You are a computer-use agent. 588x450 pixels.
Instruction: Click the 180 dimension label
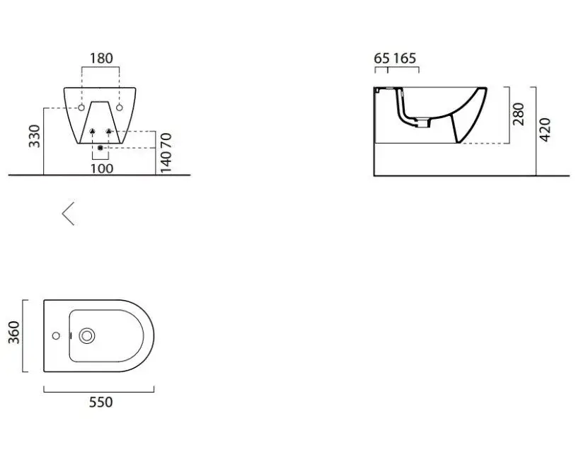click(x=101, y=58)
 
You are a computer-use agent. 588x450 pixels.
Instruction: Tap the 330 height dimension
click(x=35, y=136)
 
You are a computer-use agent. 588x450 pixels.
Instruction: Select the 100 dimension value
click(x=102, y=168)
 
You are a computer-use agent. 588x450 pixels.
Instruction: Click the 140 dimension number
click(x=166, y=161)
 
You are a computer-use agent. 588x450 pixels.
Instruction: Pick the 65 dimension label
click(x=382, y=58)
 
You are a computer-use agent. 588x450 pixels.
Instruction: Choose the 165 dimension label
click(x=405, y=58)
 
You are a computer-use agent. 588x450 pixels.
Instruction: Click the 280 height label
click(x=518, y=114)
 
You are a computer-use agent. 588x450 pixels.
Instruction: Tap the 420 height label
click(x=545, y=129)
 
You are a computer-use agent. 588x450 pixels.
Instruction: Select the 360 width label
click(x=14, y=333)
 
